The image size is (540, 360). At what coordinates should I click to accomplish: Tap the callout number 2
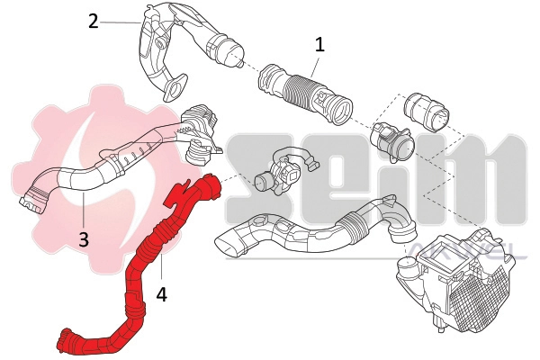tap(94, 20)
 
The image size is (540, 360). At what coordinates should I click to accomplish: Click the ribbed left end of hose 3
tap(33, 198)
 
